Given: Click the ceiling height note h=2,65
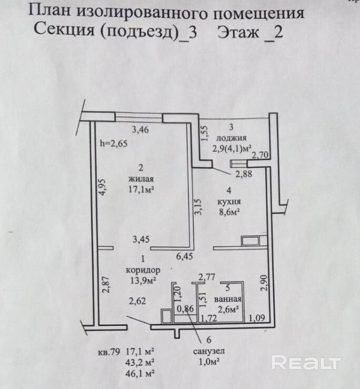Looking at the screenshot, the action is coord(113,143).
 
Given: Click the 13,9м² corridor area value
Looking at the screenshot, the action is coord(142,281).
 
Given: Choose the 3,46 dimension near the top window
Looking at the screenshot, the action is coord(141,128).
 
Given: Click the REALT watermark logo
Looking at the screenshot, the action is coord(306,363).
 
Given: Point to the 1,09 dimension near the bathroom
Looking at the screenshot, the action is coord(258,317).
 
